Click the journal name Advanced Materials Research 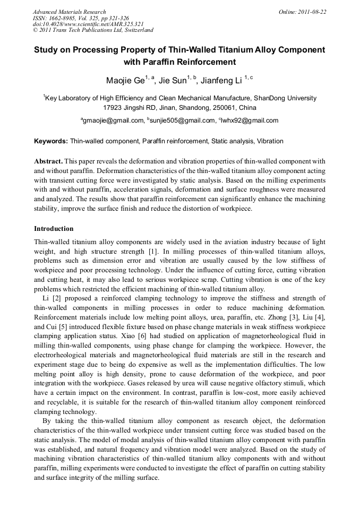69,12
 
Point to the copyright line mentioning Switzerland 93,30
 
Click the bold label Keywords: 51,141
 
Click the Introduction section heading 54,229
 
